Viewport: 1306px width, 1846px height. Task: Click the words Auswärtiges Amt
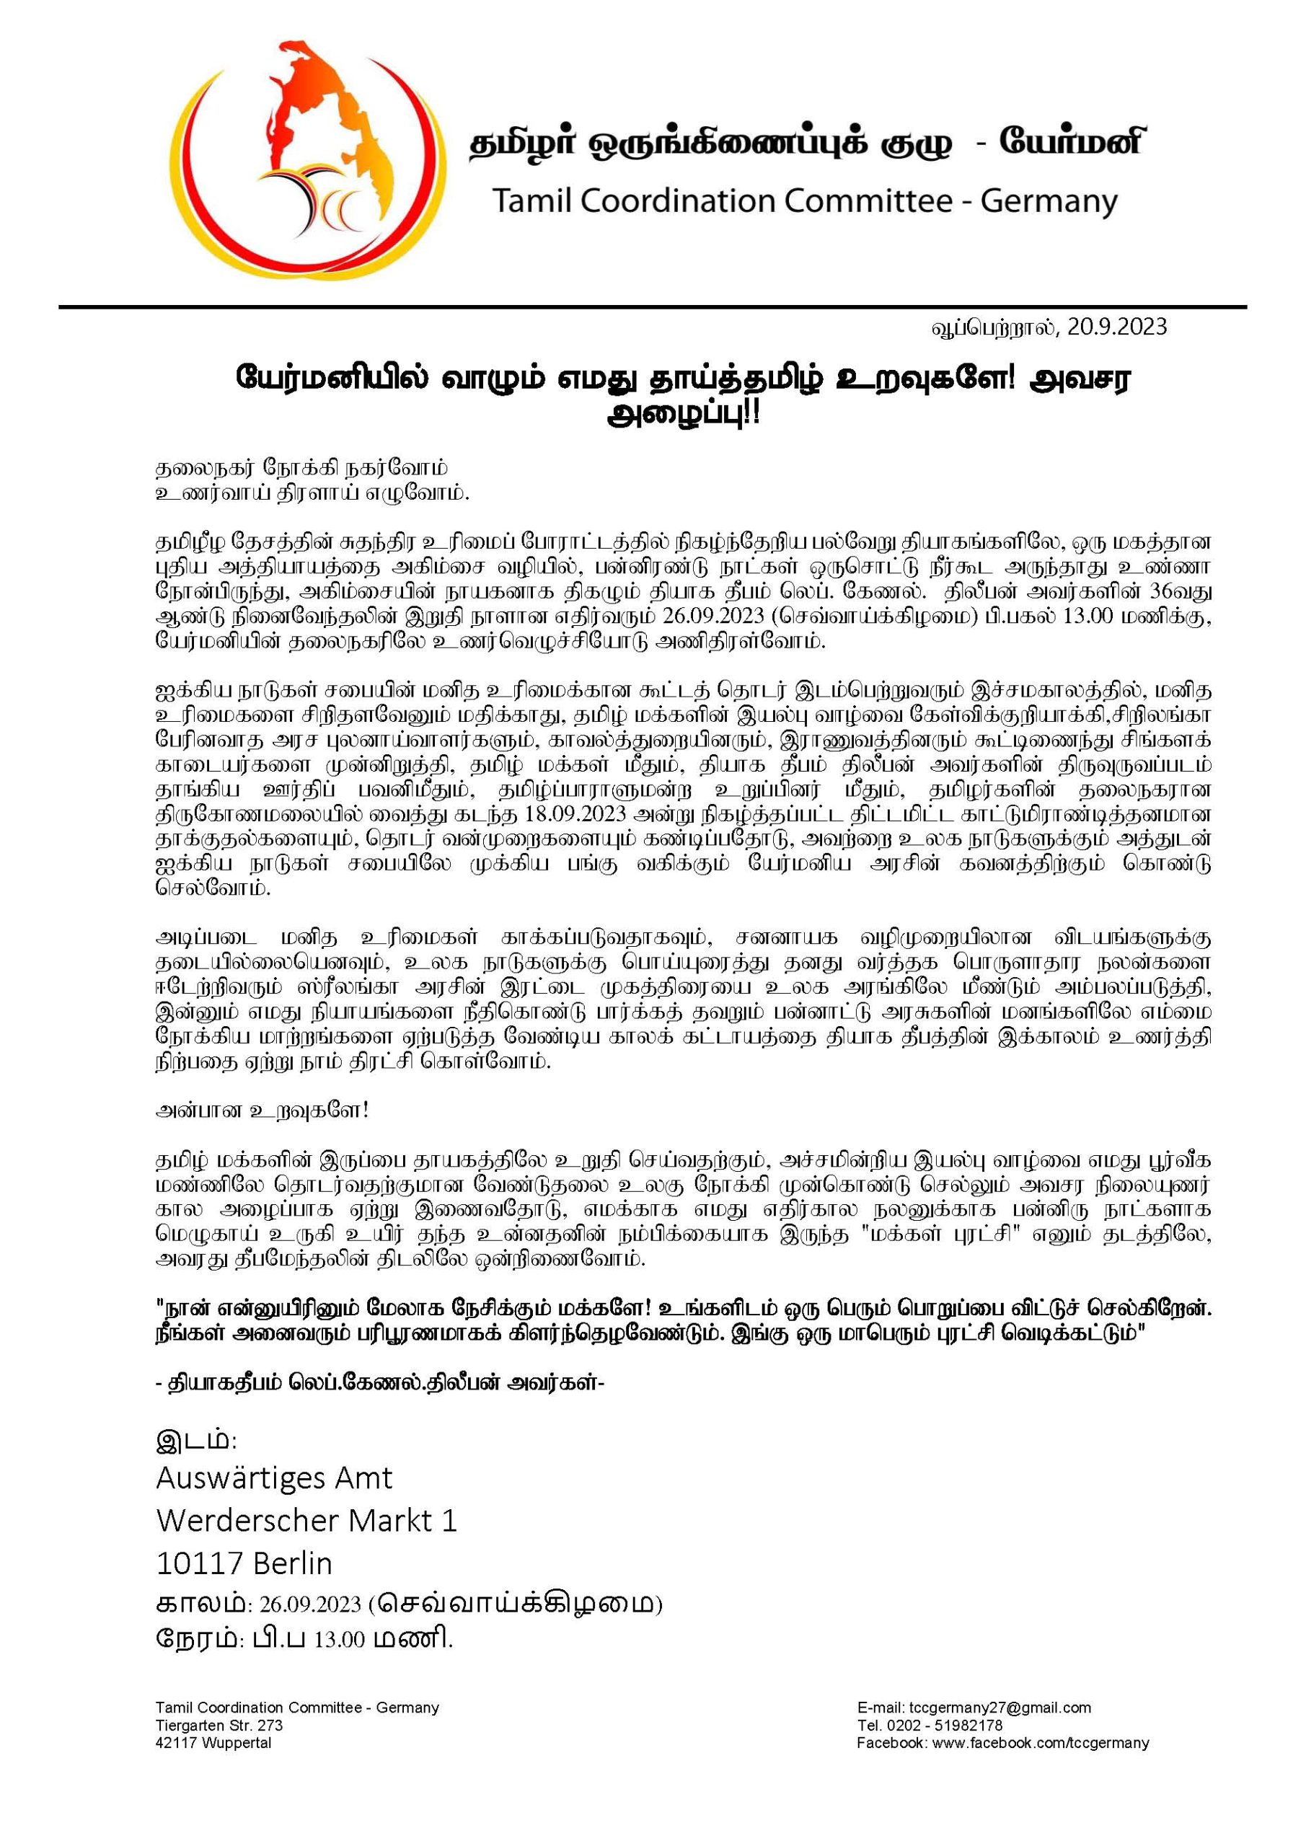pos(274,1478)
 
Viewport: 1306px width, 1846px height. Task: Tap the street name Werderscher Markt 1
pos(306,1520)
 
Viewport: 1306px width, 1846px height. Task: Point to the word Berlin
pos(292,1563)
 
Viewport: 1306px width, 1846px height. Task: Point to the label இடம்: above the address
pos(196,1439)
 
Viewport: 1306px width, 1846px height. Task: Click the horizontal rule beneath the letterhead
pos(652,307)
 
